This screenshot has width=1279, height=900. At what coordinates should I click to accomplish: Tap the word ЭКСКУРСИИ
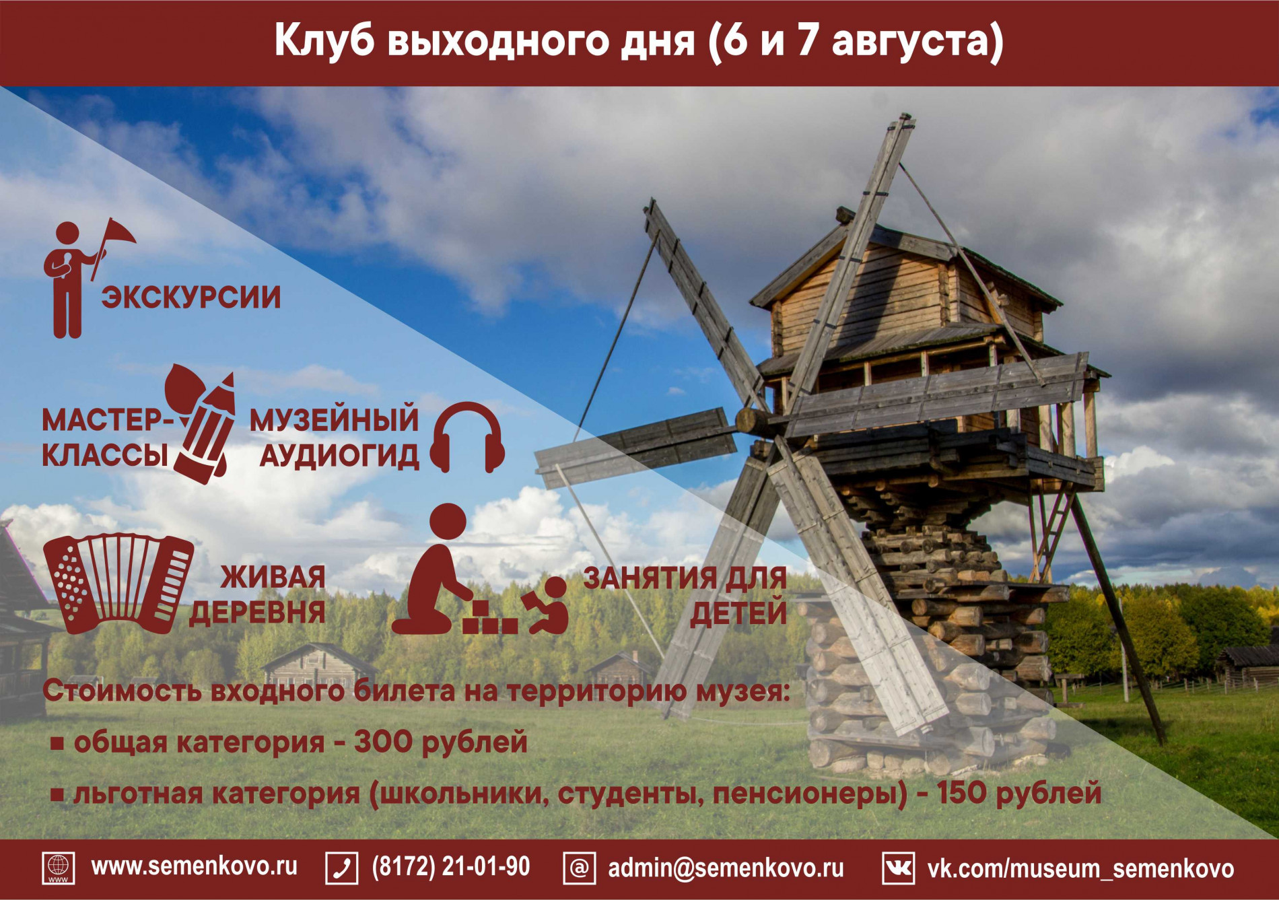(191, 298)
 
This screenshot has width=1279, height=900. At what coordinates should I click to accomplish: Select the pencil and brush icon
(203, 424)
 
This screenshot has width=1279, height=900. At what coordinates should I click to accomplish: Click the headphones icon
(467, 438)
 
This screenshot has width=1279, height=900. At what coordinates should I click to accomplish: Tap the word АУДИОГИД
(339, 456)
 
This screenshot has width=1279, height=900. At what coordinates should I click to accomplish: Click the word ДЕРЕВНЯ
(257, 613)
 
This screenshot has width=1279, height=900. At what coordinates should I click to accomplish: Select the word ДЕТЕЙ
(738, 613)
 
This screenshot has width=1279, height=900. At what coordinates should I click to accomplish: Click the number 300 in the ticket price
(383, 742)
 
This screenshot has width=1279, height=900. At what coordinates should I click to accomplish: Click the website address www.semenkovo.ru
(194, 866)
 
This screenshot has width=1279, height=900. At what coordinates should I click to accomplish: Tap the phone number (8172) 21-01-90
(450, 867)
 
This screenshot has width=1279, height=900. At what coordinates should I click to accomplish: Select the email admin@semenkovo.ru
(726, 868)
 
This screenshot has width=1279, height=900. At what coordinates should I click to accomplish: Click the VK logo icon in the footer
(898, 868)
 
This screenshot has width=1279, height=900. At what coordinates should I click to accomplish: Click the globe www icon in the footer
(59, 868)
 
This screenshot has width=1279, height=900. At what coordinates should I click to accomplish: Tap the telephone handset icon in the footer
(342, 868)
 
